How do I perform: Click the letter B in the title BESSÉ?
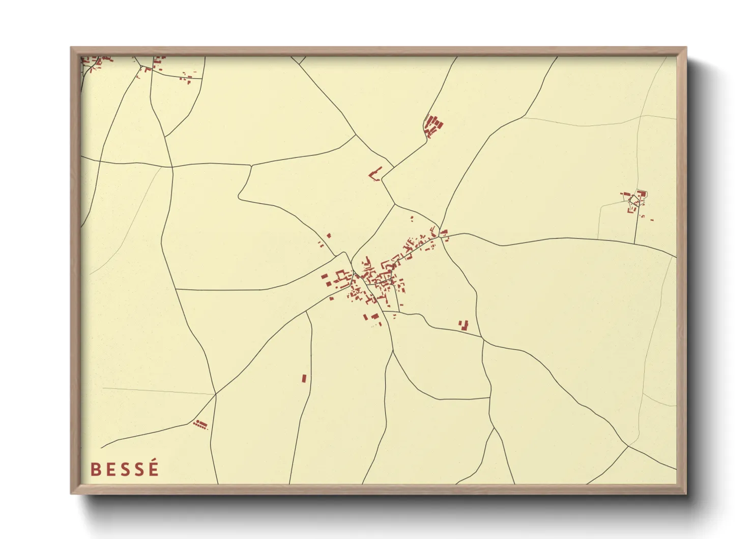click(95, 469)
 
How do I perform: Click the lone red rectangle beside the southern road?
click(304, 379)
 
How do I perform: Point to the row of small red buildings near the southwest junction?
click(200, 424)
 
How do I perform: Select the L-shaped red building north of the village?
click(375, 174)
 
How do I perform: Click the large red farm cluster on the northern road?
click(433, 125)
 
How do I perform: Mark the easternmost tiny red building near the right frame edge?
click(652, 220)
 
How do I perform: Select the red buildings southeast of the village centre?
click(464, 325)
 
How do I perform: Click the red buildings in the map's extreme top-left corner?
click(97, 63)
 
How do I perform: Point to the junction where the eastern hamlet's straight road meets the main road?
click(634, 243)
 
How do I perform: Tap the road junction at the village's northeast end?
click(440, 229)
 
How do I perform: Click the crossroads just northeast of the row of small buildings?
click(216, 394)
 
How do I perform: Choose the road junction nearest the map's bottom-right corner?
click(628, 446)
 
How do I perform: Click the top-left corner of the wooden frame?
click(71, 48)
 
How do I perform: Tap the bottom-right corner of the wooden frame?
click(686, 493)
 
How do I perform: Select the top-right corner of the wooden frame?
click(686, 48)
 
